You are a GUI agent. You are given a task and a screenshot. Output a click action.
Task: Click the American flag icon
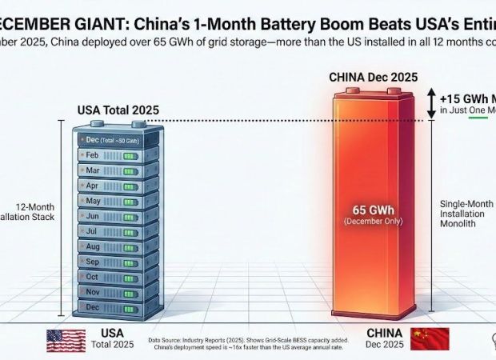tap(65, 339)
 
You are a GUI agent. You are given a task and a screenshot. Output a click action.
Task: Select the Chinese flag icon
tap(430, 338)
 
